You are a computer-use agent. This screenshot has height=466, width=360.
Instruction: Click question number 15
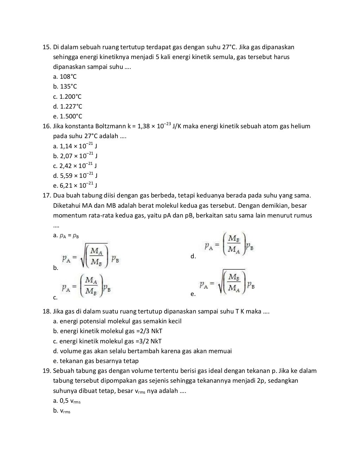47,47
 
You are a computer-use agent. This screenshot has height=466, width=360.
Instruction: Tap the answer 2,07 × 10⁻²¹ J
75,156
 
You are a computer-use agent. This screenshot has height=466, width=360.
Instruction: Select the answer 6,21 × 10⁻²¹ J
75,185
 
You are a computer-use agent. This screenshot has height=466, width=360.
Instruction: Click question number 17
47,195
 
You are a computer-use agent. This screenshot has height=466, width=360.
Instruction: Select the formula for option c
86,286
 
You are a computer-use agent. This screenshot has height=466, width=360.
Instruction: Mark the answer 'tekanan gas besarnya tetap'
96,361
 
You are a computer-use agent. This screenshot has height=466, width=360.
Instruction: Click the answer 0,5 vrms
67,401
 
